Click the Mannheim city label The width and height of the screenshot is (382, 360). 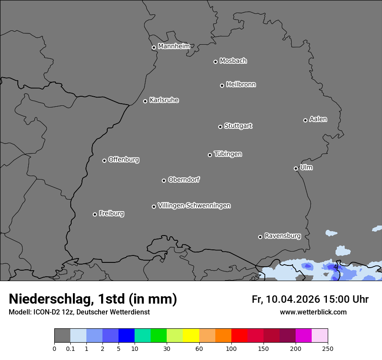tap(174, 46)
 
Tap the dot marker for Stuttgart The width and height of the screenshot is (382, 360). tap(220, 127)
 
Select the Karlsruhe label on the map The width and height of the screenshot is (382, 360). tap(164, 100)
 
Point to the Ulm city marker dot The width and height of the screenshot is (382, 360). tap(296, 168)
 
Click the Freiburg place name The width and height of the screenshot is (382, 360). tap(111, 213)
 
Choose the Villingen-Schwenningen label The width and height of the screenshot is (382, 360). tap(194, 206)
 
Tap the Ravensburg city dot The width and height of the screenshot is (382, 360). tap(260, 237)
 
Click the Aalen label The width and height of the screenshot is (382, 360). tap(318, 119)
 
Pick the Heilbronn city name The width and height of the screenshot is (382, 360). tap(241, 85)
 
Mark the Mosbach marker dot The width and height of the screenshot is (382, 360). tap(215, 62)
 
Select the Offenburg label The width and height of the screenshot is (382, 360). tap(124, 160)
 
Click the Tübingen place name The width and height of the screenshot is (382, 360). tap(228, 154)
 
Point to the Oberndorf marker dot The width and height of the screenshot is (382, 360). tap(164, 180)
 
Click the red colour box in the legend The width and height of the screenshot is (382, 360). tap(239, 336)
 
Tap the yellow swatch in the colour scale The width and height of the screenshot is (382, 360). tap(191, 336)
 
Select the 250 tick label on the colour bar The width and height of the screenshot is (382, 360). tap(328, 348)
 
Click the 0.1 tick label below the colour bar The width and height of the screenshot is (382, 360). tap(70, 348)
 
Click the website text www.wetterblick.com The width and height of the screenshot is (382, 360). tap(313, 312)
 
